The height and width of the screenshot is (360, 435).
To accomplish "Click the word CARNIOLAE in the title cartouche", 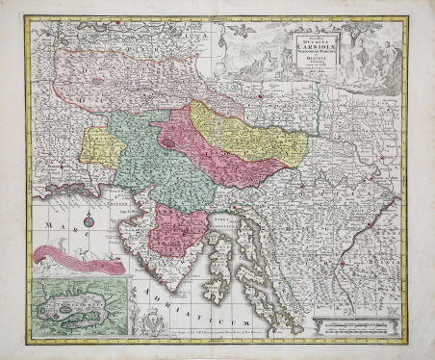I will click(310, 41).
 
